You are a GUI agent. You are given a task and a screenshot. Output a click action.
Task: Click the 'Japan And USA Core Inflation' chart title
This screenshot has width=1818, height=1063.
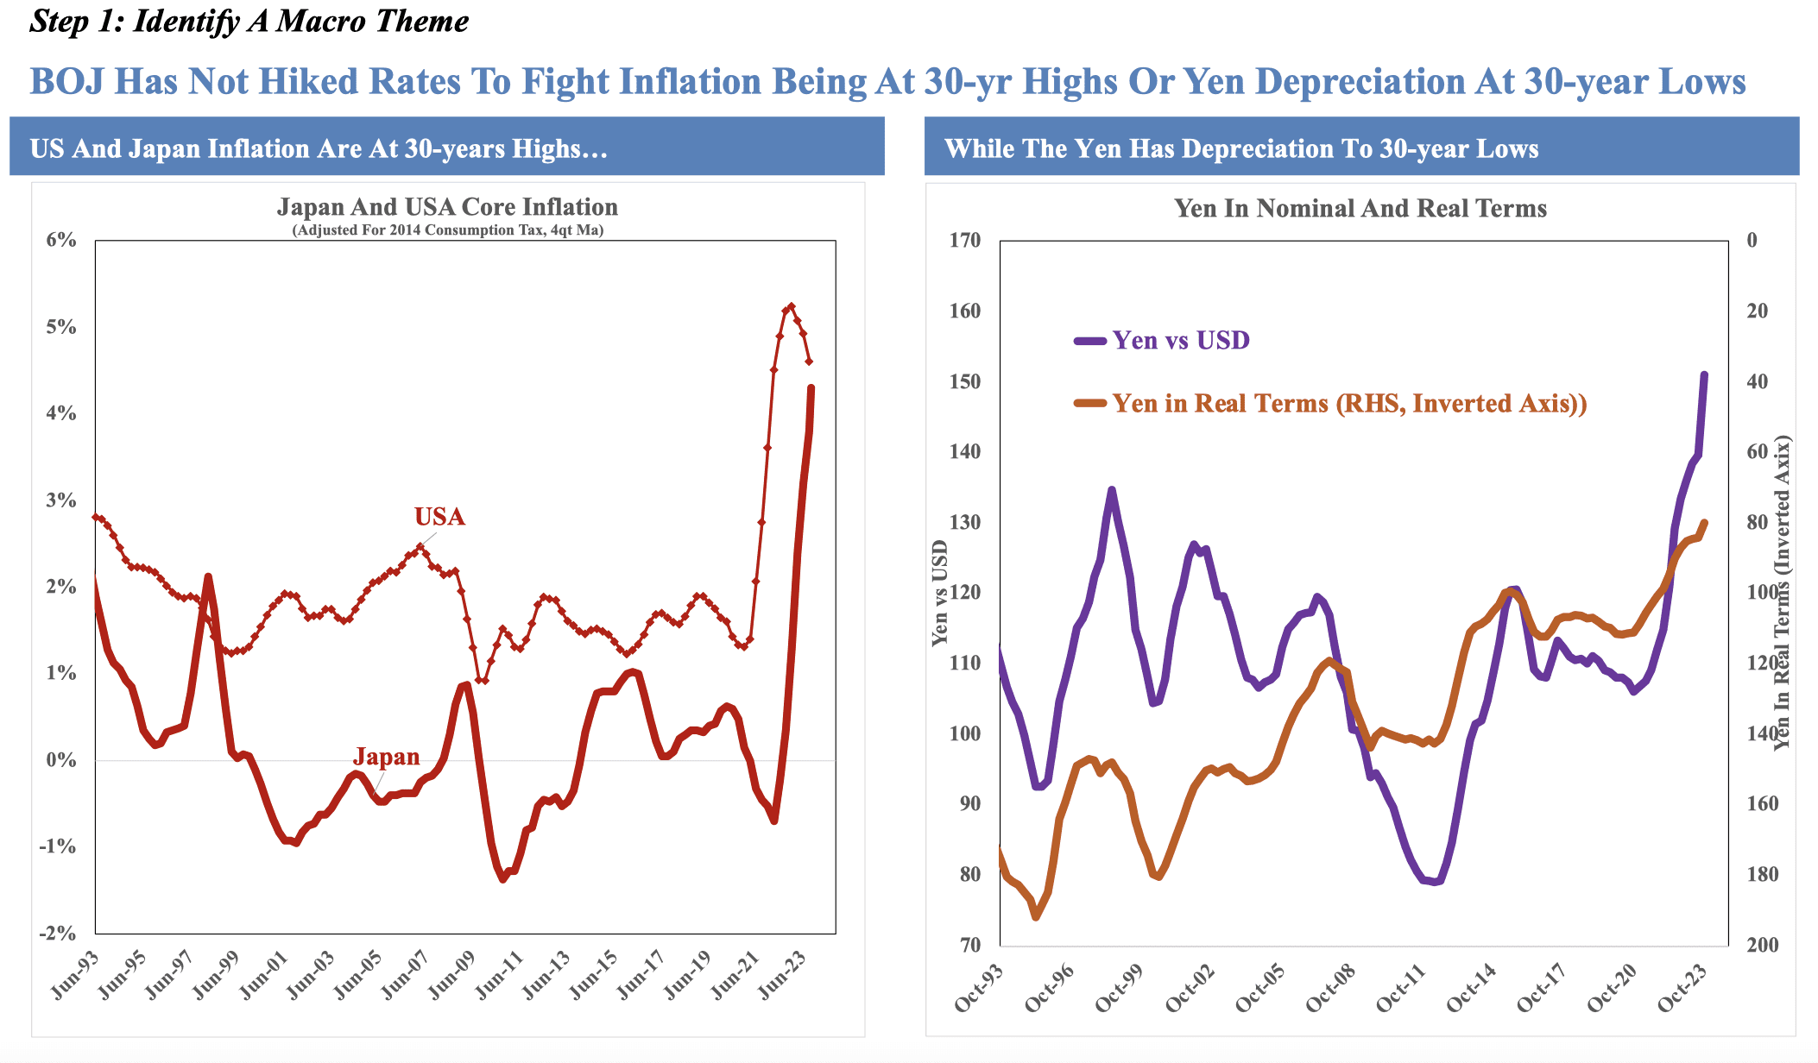coord(447,207)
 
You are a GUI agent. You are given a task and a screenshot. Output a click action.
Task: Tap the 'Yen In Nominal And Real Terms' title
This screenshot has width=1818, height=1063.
coord(1360,208)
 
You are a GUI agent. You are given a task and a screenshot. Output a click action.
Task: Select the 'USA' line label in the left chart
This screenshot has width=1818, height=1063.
coord(439,517)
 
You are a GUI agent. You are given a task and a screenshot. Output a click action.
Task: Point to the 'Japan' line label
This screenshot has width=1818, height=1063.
coord(386,757)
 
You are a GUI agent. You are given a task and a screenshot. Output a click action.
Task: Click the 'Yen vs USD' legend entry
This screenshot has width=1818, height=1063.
coord(1180,340)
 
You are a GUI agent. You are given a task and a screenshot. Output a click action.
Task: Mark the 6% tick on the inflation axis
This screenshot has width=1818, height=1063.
coord(61,241)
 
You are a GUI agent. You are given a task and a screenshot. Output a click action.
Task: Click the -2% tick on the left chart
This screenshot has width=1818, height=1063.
coord(58,934)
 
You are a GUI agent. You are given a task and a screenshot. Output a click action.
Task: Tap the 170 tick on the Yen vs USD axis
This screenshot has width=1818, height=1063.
coord(964,241)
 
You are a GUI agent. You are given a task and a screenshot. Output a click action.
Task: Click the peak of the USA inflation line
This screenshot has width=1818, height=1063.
coord(791,305)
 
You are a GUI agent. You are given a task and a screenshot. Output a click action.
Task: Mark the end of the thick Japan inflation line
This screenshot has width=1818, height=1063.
coord(811,388)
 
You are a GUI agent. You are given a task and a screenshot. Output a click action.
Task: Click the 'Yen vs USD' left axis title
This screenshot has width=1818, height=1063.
coord(940,593)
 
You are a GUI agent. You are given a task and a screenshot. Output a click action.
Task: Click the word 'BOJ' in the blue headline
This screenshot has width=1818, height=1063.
coord(66,82)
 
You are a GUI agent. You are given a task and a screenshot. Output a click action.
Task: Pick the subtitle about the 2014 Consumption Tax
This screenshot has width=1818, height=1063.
coord(447,230)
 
